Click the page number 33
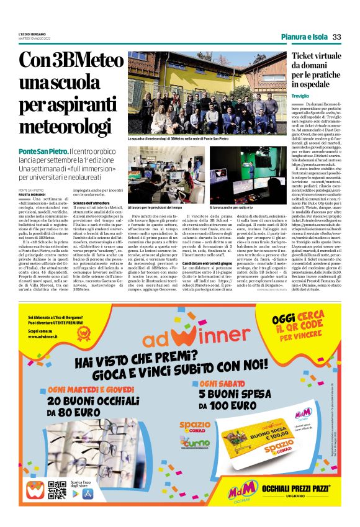(336, 37)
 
